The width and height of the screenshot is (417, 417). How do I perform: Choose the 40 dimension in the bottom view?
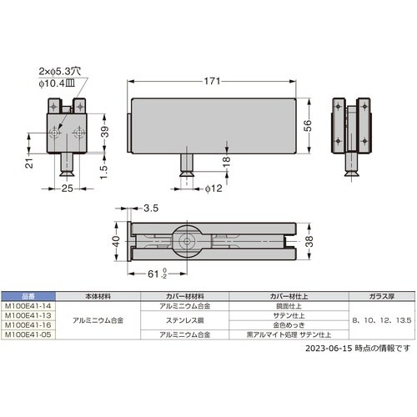click(x=116, y=242)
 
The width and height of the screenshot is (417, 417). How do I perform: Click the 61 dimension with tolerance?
click(x=153, y=274)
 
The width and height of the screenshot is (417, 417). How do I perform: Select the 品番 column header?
click(x=27, y=297)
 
